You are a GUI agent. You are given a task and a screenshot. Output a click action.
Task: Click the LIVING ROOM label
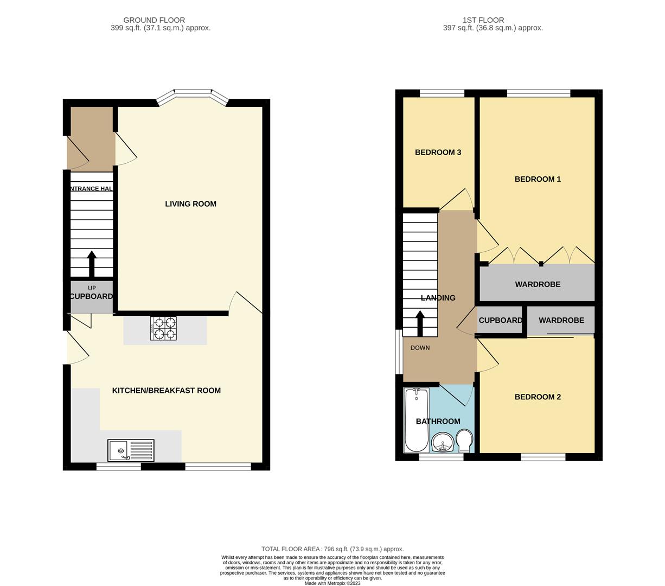[190, 204]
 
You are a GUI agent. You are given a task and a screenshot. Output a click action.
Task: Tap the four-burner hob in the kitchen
[163, 328]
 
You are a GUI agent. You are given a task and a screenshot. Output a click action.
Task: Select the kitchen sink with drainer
[131, 450]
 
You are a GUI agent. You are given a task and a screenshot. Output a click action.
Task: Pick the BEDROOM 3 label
[438, 152]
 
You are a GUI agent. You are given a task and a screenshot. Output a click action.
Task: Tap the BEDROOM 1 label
[538, 179]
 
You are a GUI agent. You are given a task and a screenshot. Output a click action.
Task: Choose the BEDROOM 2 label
[538, 397]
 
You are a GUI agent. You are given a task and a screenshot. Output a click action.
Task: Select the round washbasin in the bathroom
[444, 443]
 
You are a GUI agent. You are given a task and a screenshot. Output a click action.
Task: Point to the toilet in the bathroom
[464, 441]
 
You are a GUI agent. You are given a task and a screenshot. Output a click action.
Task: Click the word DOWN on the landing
[420, 348]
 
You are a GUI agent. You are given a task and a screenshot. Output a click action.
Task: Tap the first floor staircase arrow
[420, 323]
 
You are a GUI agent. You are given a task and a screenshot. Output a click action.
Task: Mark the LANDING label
[438, 298]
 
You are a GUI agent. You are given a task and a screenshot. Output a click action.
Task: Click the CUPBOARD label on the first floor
[500, 321]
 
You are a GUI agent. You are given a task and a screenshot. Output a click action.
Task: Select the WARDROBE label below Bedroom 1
[538, 284]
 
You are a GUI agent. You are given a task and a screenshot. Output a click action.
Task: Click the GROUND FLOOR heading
[154, 20]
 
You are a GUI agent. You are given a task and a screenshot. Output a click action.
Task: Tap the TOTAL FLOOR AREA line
[332, 549]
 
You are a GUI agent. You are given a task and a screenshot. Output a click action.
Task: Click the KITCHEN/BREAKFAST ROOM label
[166, 391]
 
